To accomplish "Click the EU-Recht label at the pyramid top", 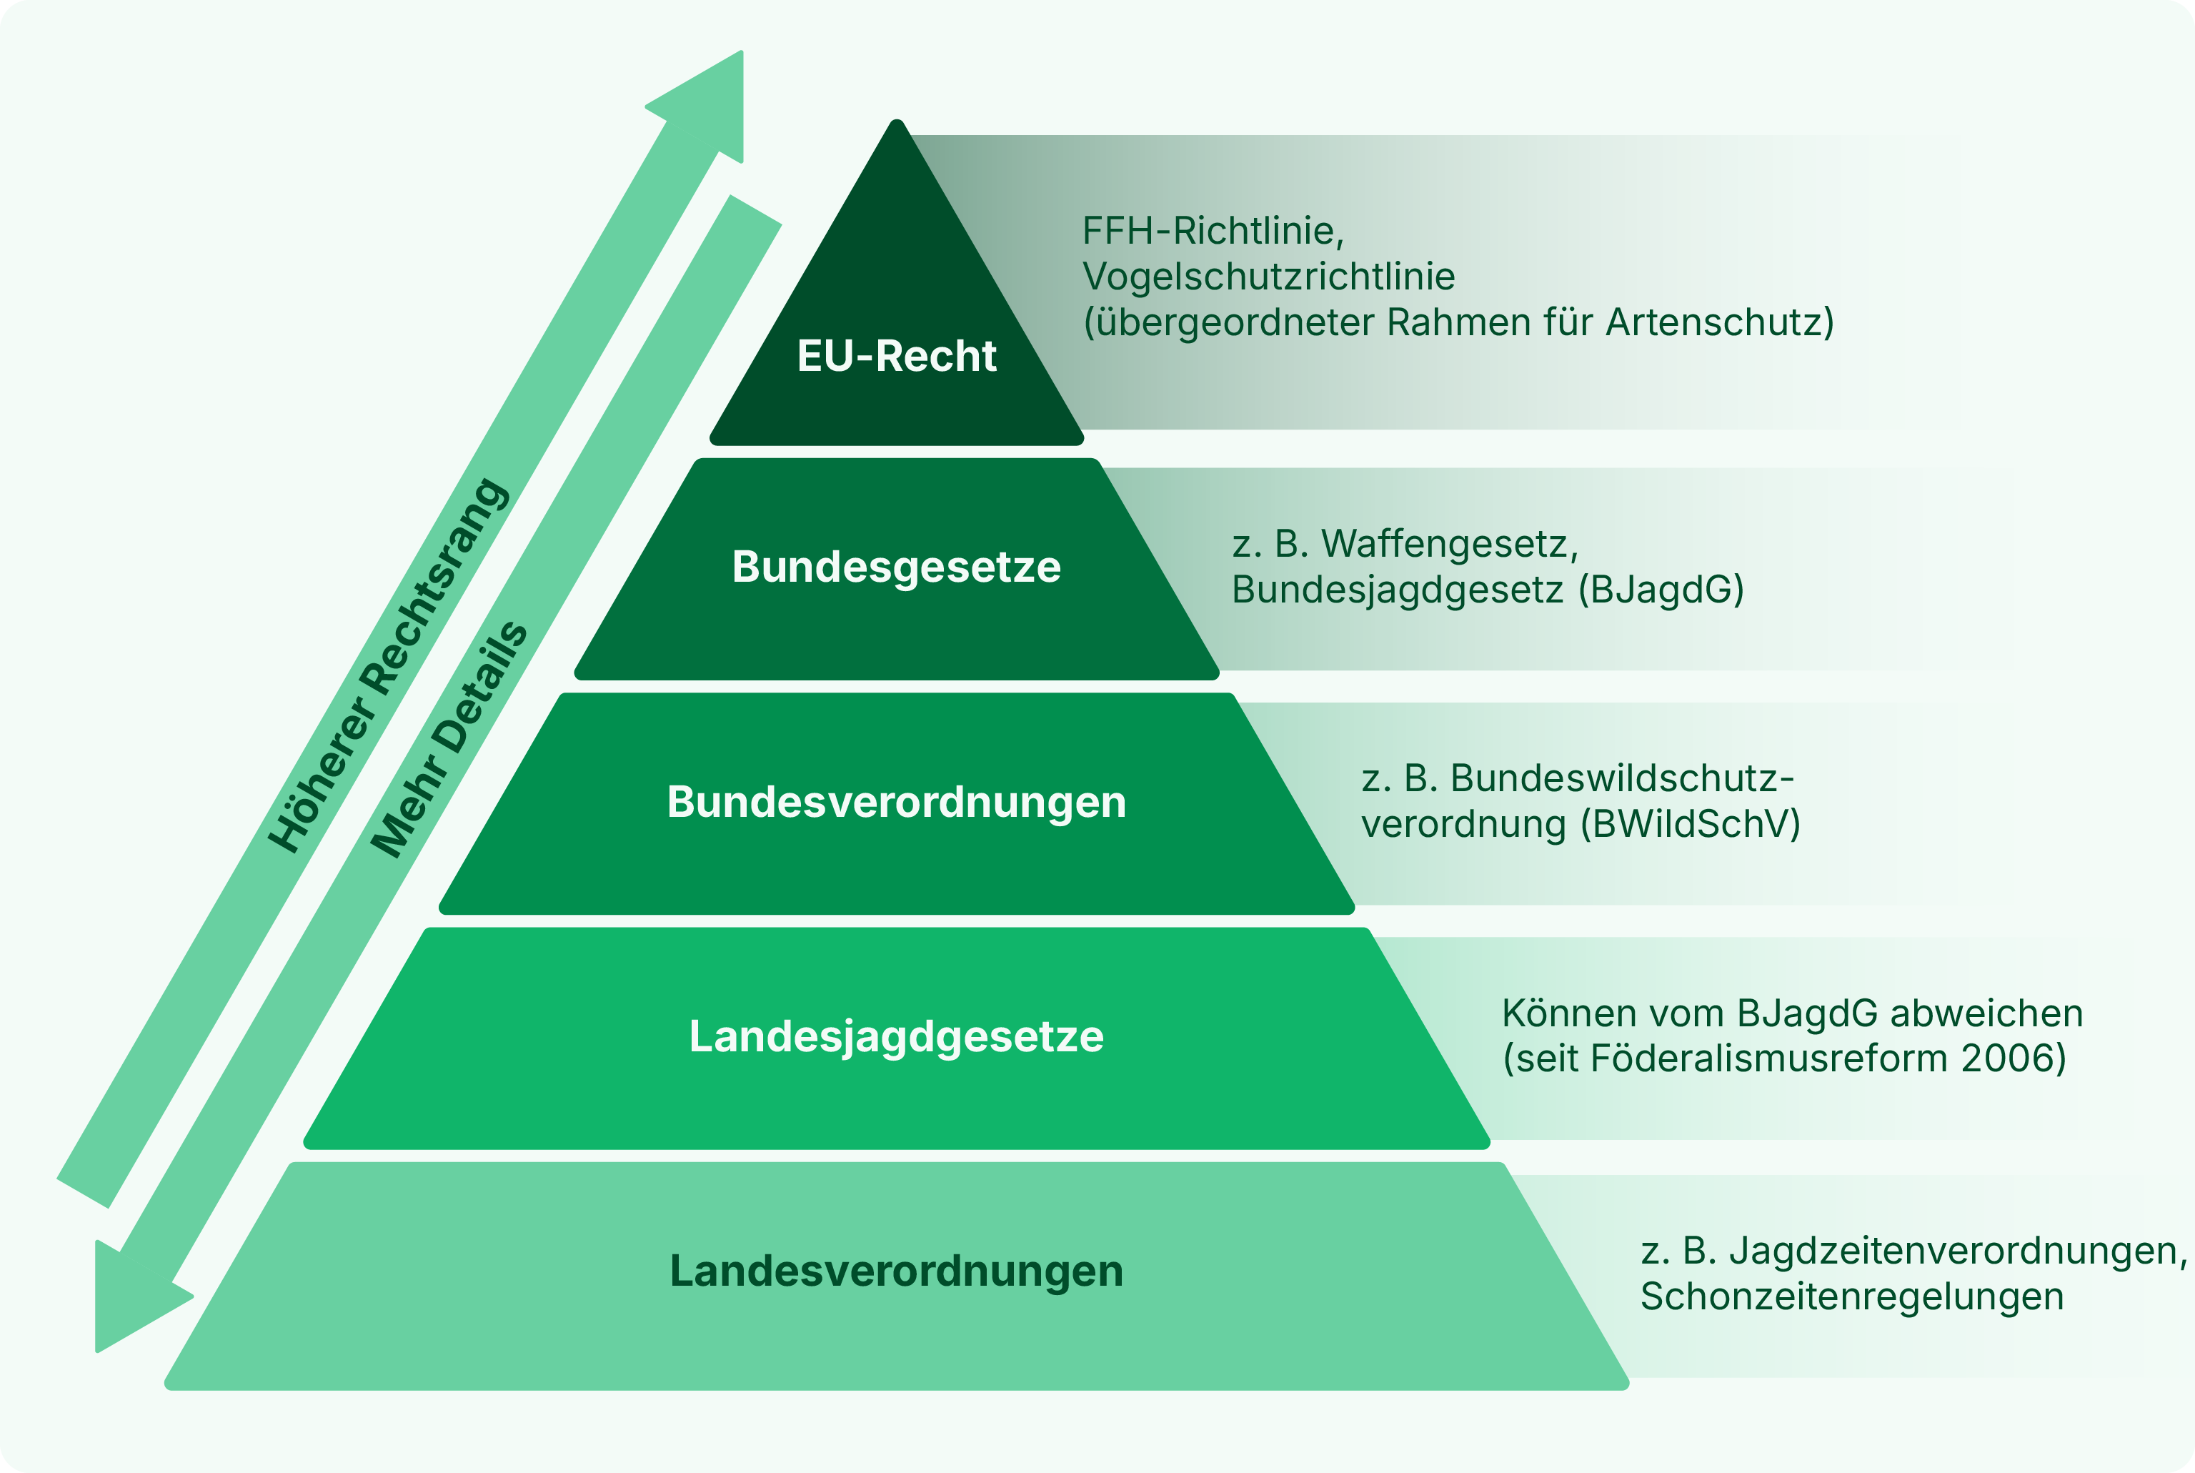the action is click(x=896, y=356).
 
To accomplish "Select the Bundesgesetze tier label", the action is click(x=896, y=567).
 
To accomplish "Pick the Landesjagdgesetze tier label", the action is click(x=896, y=1037).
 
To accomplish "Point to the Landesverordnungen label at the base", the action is click(x=896, y=1271).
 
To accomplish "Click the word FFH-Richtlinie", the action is click(x=1213, y=231).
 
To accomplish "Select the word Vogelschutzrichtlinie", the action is click(x=1269, y=276).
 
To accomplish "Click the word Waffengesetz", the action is click(x=1449, y=545).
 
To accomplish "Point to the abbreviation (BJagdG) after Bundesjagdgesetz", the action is click(x=1661, y=590).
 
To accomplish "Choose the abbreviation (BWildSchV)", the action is click(x=1690, y=825).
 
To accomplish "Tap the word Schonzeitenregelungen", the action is click(x=1852, y=1297).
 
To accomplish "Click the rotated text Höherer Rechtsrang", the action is click(x=388, y=666).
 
